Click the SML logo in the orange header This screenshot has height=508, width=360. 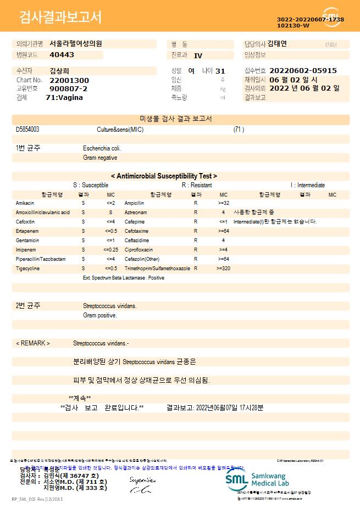(331, 17)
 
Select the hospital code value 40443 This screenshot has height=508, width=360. (62, 55)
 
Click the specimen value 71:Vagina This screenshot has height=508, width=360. (64, 97)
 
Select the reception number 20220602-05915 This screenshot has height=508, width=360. (303, 71)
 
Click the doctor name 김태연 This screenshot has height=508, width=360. (280, 44)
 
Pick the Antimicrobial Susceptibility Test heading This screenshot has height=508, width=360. (164, 176)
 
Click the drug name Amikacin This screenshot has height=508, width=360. (25, 203)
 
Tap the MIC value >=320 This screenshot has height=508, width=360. (223, 269)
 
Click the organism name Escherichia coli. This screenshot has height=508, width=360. (102, 148)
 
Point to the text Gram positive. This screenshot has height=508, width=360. (99, 316)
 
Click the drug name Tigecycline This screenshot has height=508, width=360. (27, 269)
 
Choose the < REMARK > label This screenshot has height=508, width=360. (32, 343)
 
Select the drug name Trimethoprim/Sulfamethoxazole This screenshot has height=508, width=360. (157, 269)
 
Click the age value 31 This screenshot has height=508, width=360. (220, 71)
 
